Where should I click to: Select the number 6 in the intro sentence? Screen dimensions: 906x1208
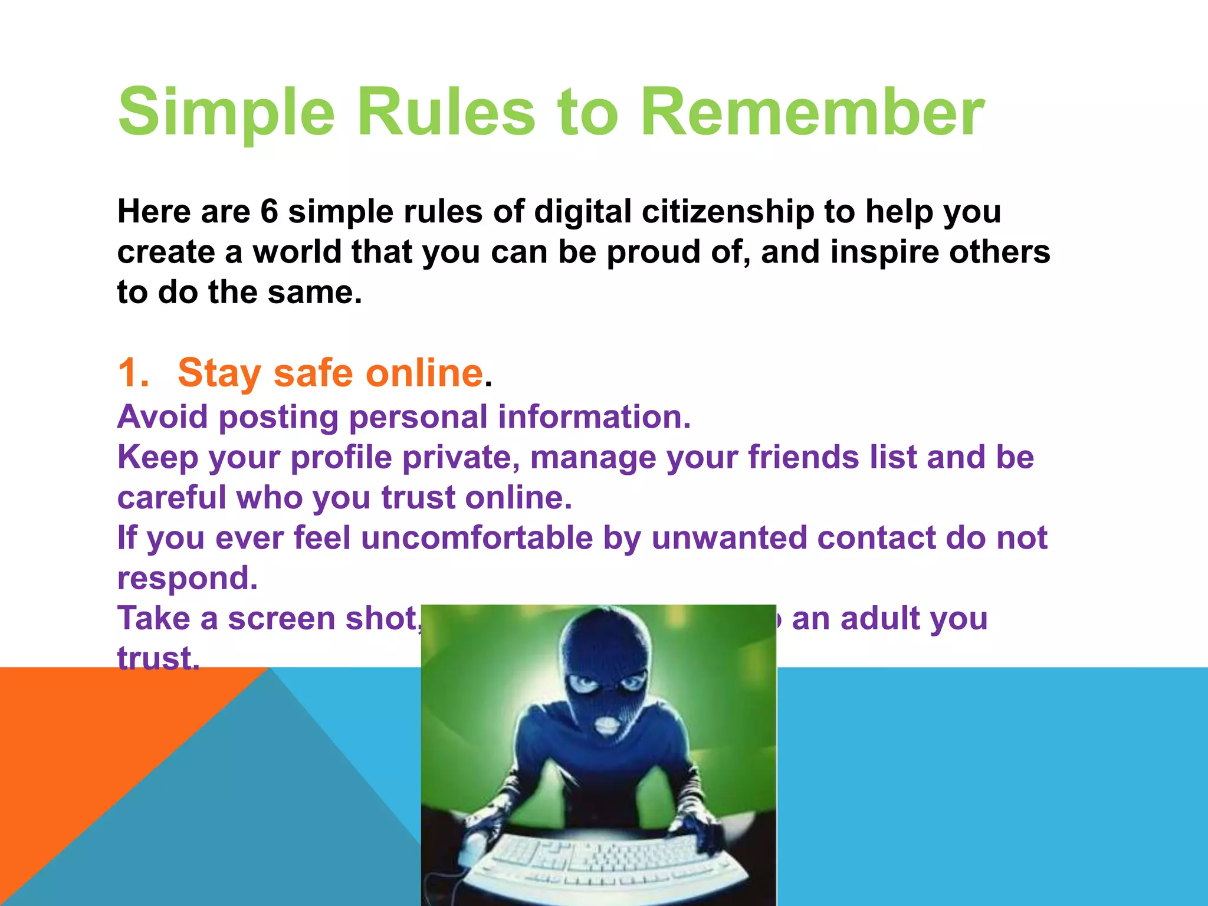(x=269, y=212)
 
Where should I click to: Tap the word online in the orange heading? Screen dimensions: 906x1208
(x=424, y=373)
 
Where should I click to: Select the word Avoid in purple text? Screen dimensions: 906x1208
(x=163, y=417)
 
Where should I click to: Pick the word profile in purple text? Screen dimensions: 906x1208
(x=342, y=458)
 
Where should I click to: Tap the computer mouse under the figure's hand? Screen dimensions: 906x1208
(x=472, y=849)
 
